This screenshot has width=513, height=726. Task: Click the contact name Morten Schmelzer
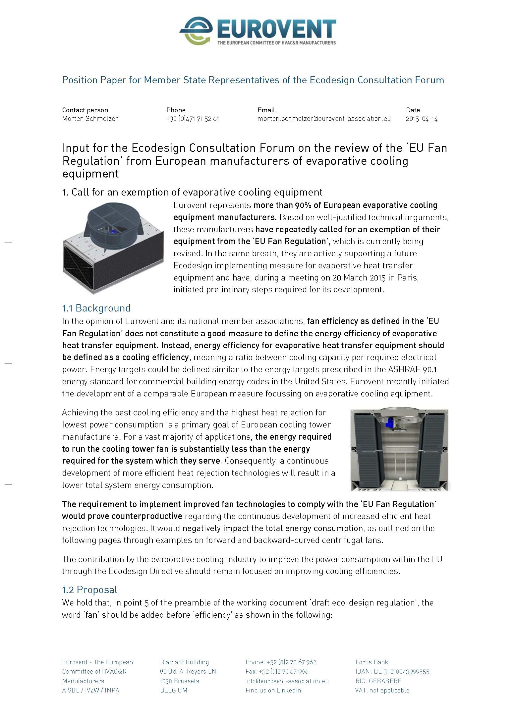tap(90, 119)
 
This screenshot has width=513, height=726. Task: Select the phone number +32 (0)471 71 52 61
tap(192, 119)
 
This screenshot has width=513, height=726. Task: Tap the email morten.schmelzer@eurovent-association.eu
tap(324, 119)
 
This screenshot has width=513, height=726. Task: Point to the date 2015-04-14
tap(422, 119)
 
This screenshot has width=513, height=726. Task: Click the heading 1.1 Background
tap(96, 308)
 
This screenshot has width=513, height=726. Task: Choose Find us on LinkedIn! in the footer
tap(274, 690)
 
